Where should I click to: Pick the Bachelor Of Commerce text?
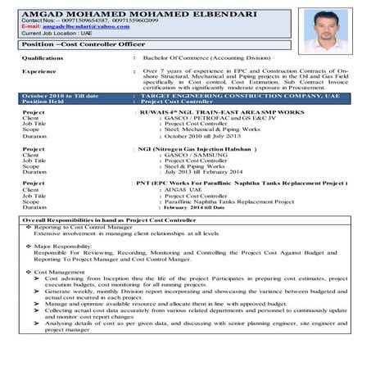click(209, 59)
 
